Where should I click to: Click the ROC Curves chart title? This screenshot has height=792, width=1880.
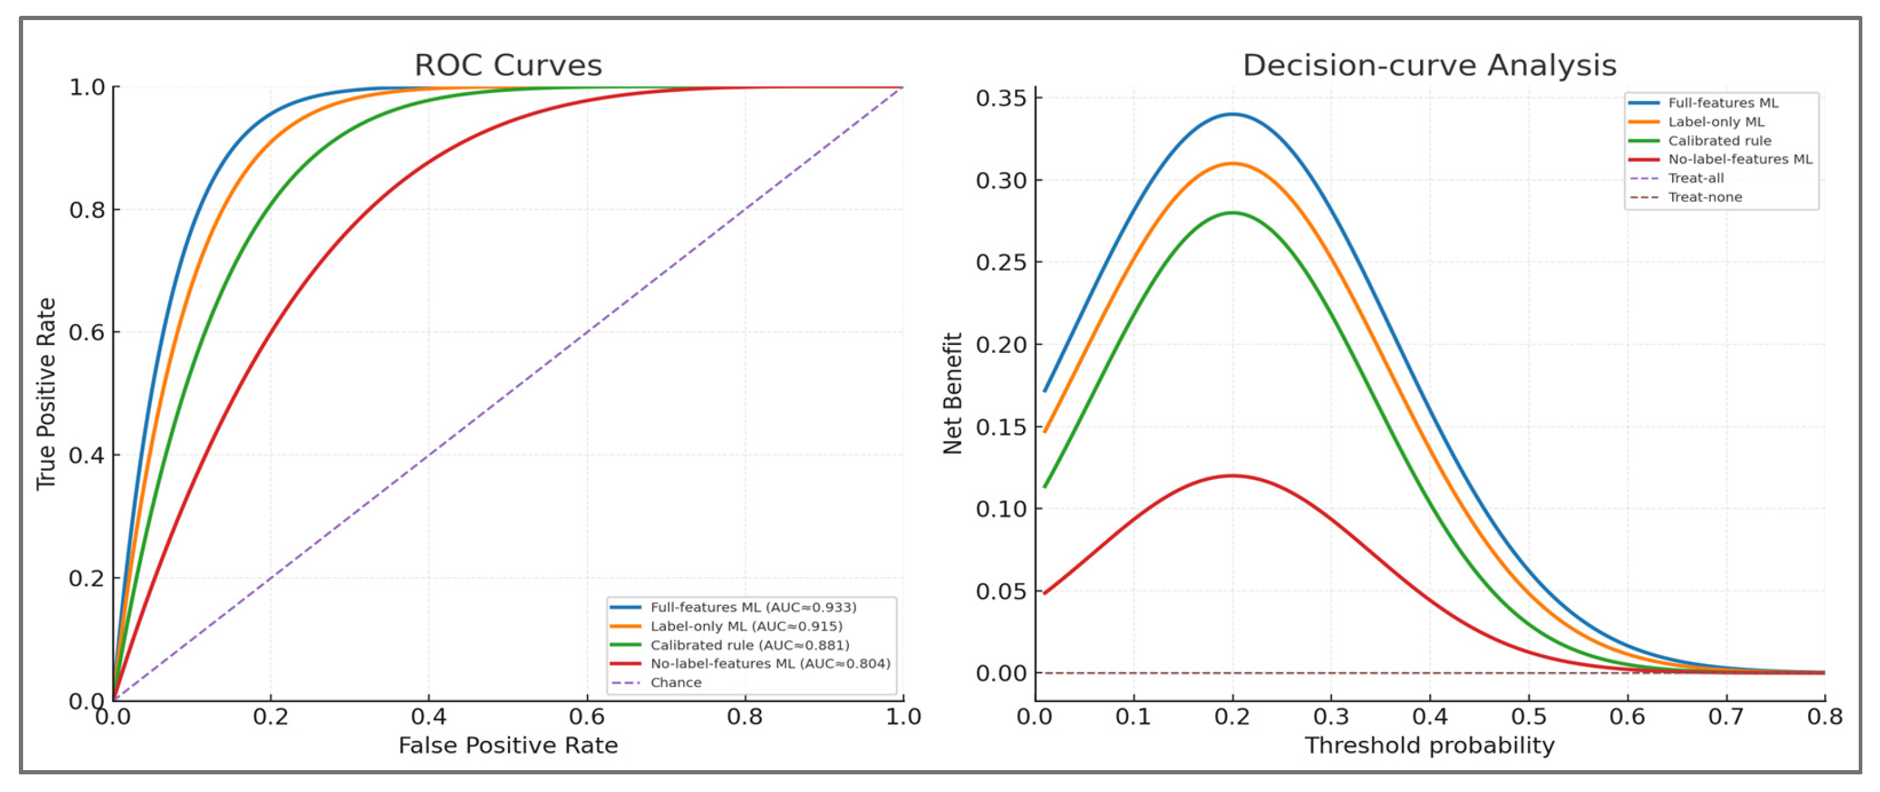tap(508, 65)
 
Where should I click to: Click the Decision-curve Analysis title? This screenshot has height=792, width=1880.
tap(1429, 65)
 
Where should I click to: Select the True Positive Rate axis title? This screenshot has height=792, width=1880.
tap(46, 394)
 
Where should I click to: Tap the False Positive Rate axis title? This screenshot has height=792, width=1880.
tap(508, 745)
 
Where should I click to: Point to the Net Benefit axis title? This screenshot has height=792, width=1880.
tap(952, 394)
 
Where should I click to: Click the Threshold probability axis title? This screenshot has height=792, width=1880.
tap(1429, 745)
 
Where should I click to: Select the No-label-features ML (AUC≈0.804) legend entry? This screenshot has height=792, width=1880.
tap(770, 664)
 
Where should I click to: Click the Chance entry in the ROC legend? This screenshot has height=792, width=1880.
tap(676, 683)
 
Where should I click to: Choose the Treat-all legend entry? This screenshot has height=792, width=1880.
tap(1695, 178)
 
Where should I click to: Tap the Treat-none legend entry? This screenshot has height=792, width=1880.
tap(1704, 197)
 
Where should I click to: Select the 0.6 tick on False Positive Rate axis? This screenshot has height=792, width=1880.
tap(587, 717)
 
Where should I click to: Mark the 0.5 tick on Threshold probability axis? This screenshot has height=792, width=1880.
tap(1528, 717)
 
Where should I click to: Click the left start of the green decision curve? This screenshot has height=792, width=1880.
tap(1045, 486)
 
